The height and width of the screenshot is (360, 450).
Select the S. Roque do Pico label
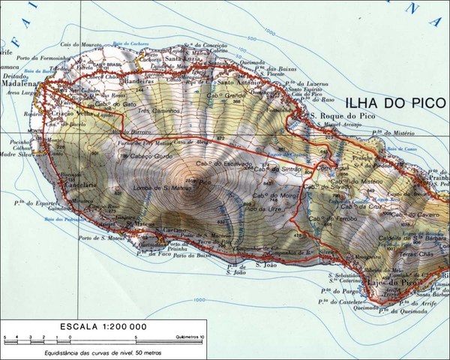click(x=342, y=115)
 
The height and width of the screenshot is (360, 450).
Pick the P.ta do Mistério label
click(x=395, y=130)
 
